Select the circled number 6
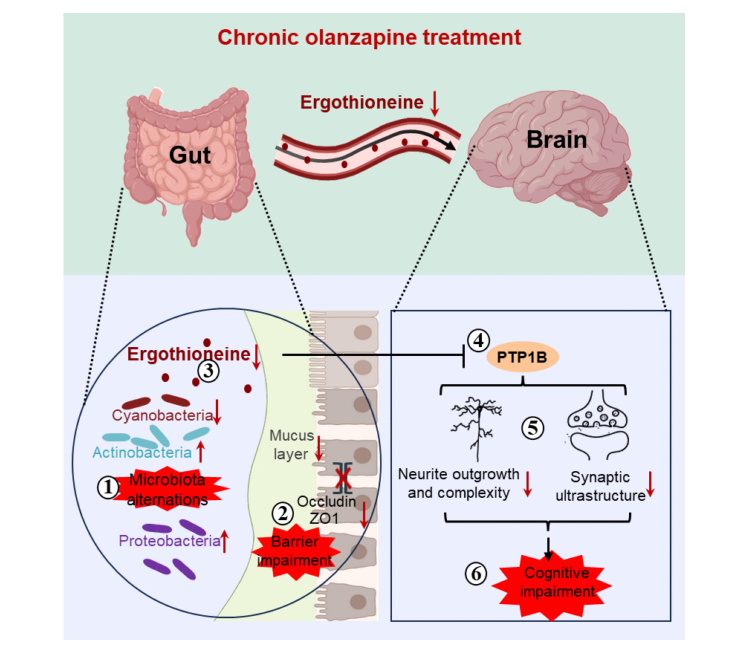[476, 574]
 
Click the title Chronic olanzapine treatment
[369, 37]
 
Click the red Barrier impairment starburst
[295, 551]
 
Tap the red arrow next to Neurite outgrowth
[528, 484]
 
